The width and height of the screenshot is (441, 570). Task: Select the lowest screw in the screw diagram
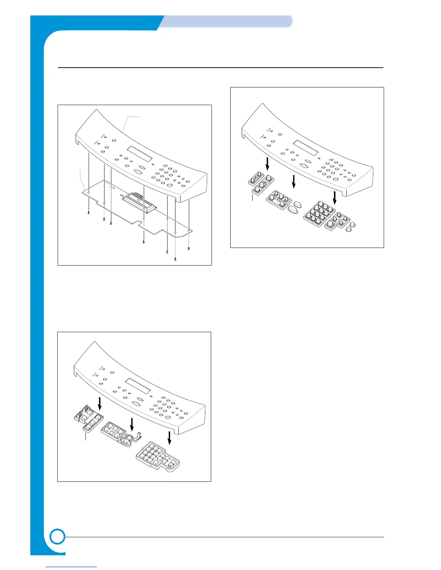click(x=175, y=259)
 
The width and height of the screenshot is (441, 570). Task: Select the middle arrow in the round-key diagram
click(x=294, y=181)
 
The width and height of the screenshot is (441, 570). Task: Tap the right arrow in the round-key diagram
click(x=335, y=198)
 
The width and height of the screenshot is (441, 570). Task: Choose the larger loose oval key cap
click(x=293, y=210)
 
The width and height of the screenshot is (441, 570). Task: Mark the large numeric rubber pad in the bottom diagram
click(x=157, y=458)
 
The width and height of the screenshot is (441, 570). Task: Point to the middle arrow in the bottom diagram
click(x=132, y=424)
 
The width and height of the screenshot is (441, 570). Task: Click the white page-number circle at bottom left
click(x=58, y=537)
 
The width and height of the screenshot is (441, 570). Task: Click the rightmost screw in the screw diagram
click(x=189, y=249)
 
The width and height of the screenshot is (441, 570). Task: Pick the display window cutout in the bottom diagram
click(x=137, y=385)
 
